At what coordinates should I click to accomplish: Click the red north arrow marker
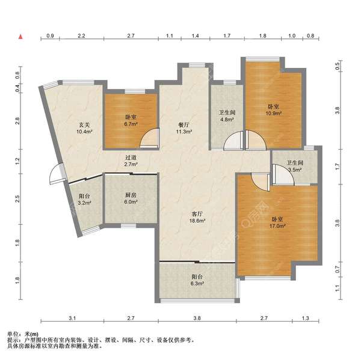[20, 37]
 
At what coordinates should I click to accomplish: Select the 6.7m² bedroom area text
[131, 124]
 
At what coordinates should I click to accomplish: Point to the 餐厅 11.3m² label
[184, 128]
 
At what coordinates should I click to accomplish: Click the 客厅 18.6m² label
[197, 217]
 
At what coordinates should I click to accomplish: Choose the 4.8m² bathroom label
[227, 116]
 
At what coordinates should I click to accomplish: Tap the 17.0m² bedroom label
[277, 222]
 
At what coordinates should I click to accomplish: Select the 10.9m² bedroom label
[274, 110]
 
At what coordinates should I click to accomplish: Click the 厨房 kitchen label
[131, 195]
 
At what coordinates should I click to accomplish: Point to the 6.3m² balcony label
[197, 280]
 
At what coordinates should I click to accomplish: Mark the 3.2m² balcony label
[84, 200]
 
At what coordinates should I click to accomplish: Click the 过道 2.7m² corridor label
[131, 161]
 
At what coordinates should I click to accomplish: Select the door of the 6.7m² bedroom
[150, 138]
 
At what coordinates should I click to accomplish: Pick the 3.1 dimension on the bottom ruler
[72, 318]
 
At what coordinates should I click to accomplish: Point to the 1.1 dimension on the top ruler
[170, 35]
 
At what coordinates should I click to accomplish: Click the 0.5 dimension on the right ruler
[338, 66]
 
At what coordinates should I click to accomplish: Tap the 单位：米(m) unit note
[23, 334]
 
